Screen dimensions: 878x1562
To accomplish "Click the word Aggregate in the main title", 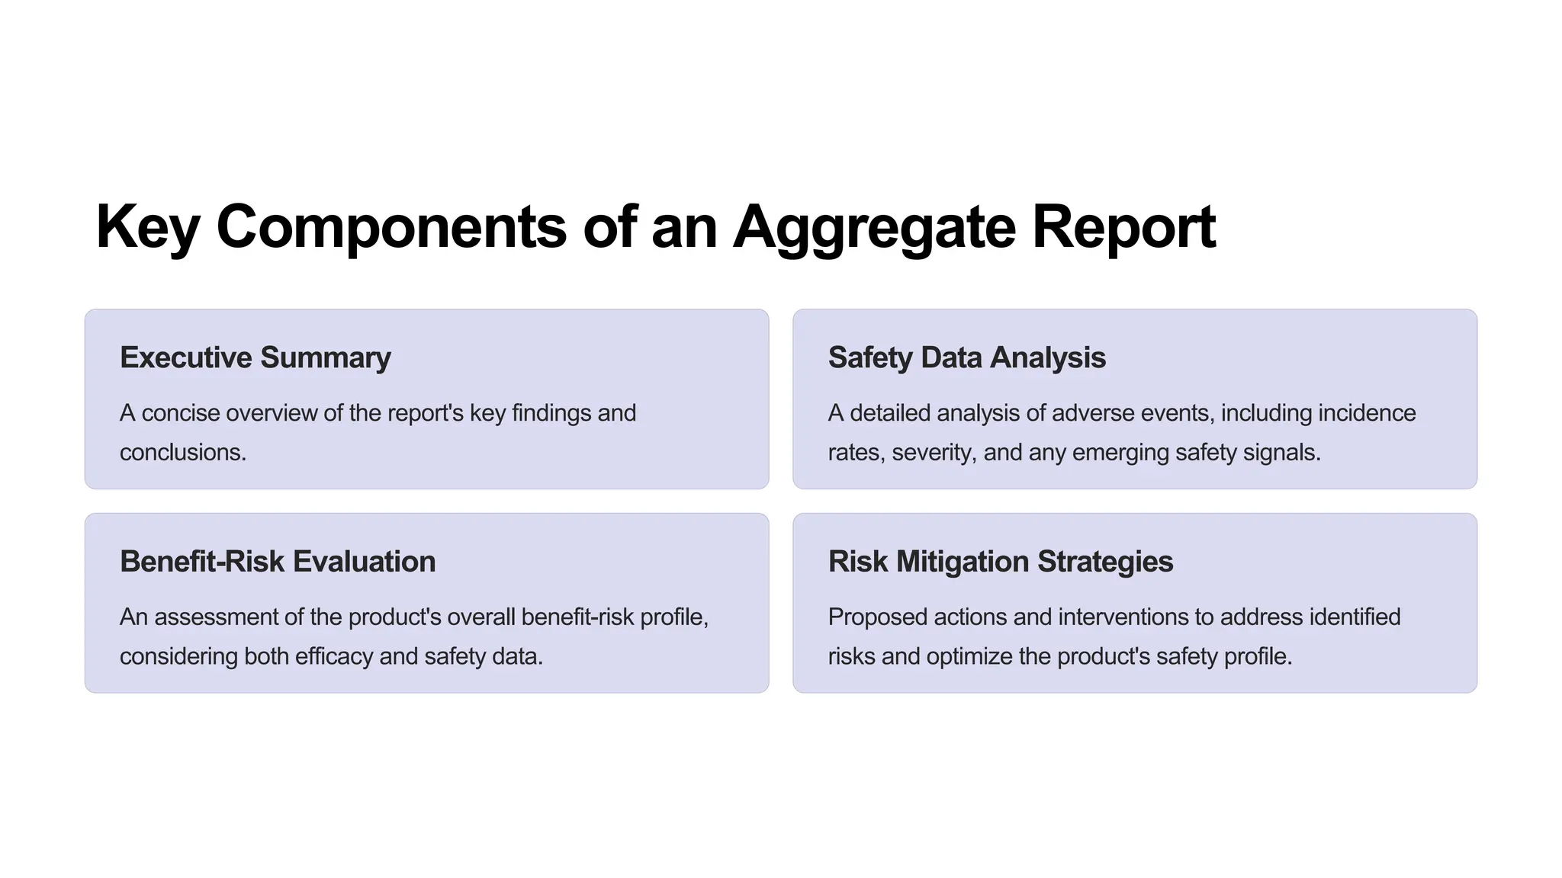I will [874, 227].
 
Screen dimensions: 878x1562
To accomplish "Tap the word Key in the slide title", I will [147, 227].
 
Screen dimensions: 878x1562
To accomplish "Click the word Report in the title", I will [1123, 227].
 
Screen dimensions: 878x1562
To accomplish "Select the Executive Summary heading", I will [256, 357].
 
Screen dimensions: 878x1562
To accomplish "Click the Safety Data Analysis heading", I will [966, 357].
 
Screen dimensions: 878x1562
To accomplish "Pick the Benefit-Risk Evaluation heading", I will [278, 562].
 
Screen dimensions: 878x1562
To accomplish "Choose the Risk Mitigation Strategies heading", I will [1000, 562].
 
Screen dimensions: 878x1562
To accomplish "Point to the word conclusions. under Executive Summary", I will [183, 453].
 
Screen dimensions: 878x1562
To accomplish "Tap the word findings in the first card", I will [551, 413].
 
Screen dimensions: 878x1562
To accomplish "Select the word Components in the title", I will [391, 227].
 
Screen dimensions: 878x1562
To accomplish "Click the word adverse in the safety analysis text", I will [1092, 413].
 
